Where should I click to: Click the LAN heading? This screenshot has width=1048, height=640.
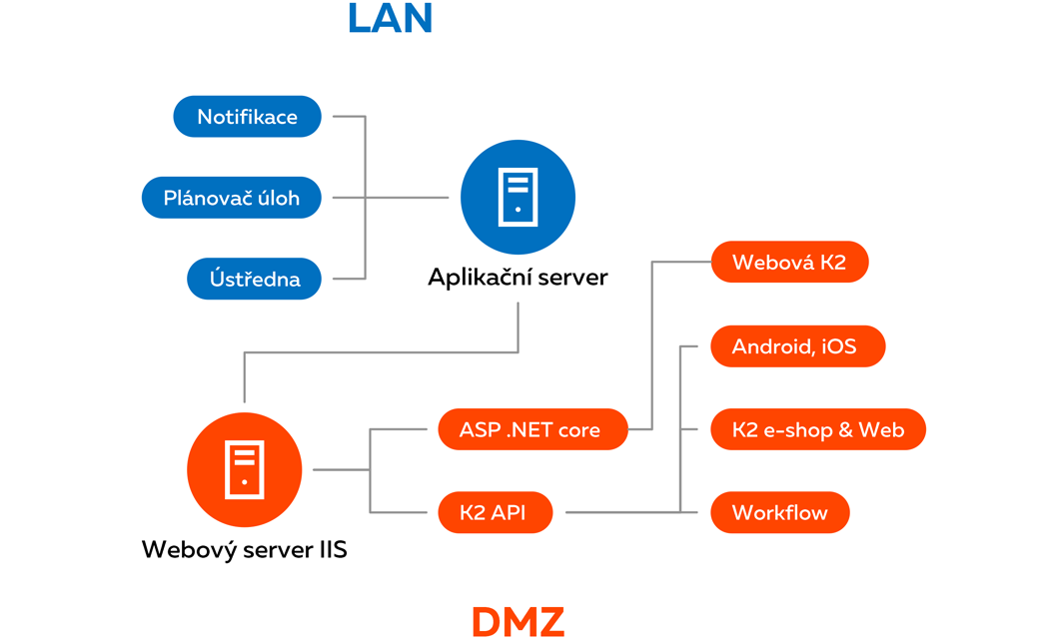tap(391, 19)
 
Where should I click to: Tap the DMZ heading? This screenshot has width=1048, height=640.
tap(518, 621)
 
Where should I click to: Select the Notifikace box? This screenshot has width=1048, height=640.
tap(247, 117)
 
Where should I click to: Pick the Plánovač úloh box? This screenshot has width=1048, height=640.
tap(232, 198)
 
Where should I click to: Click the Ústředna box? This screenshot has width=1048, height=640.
tap(255, 279)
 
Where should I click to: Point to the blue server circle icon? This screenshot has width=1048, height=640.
tap(518, 198)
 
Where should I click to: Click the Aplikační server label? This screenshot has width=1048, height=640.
tap(518, 277)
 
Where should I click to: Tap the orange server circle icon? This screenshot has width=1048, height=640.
tap(245, 469)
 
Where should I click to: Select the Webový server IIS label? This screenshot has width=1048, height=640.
tap(245, 548)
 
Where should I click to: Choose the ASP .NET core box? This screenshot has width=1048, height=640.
tap(530, 430)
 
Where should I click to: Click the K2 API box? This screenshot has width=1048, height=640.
tap(493, 513)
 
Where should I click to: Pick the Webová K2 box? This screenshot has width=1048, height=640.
tap(789, 263)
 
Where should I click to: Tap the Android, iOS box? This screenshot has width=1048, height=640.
tap(795, 346)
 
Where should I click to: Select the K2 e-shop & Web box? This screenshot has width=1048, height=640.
tap(817, 429)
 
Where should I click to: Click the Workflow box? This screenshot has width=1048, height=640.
tap(779, 513)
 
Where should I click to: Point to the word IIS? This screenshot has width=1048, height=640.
tap(331, 548)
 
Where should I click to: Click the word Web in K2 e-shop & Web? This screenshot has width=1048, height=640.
tap(880, 429)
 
